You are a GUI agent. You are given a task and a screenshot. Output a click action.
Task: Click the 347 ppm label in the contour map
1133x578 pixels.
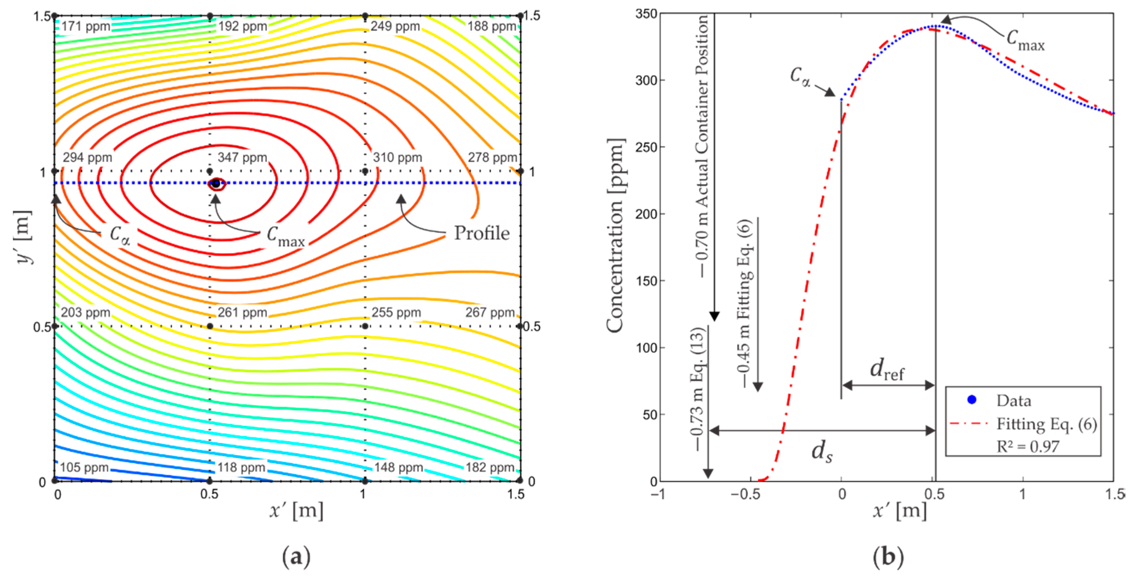pyautogui.click(x=242, y=157)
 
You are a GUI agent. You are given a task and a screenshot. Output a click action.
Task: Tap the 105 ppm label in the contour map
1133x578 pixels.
pyautogui.click(x=84, y=467)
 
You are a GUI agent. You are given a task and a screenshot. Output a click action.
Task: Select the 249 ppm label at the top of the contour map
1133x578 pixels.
pyautogui.click(x=395, y=26)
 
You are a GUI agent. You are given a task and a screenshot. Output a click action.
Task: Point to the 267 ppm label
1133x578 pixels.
pyautogui.click(x=490, y=312)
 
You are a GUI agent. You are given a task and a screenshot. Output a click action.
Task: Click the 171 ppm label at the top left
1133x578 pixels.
pyautogui.click(x=85, y=26)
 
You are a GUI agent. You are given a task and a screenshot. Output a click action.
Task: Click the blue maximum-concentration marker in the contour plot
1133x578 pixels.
pyautogui.click(x=216, y=183)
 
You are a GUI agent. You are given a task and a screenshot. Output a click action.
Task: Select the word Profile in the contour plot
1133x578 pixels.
pyautogui.click(x=482, y=233)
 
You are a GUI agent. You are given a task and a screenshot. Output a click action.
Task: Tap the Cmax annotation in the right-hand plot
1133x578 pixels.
pyautogui.click(x=1024, y=40)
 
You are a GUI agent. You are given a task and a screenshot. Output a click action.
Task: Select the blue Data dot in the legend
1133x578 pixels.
pyautogui.click(x=972, y=400)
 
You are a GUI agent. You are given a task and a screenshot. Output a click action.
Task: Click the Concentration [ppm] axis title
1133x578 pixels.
pyautogui.click(x=616, y=235)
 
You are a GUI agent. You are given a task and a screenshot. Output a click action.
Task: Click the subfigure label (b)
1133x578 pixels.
pyautogui.click(x=888, y=556)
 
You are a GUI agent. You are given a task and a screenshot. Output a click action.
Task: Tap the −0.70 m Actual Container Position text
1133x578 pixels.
pyautogui.click(x=702, y=145)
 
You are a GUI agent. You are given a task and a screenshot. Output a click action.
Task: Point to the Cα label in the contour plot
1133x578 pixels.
pyautogui.click(x=120, y=235)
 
